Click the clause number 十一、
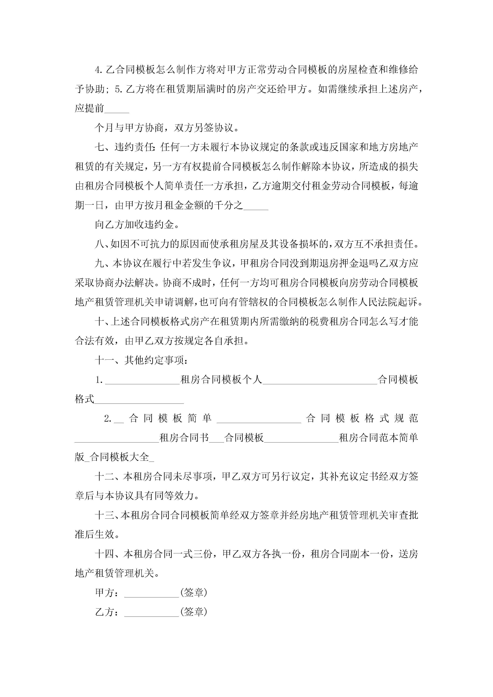click(x=109, y=360)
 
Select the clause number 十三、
click(x=108, y=515)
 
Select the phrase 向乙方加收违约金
click(x=135, y=225)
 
